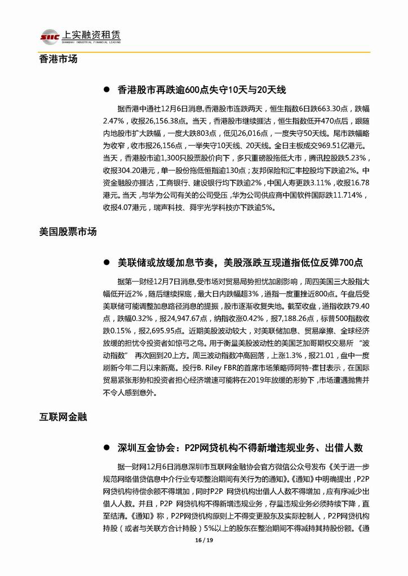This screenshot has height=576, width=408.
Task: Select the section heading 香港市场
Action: [x=59, y=59]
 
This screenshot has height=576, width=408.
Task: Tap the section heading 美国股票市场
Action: [x=68, y=231]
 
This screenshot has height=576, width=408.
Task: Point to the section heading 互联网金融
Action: [x=63, y=417]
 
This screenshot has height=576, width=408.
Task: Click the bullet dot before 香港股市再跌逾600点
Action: [x=107, y=90]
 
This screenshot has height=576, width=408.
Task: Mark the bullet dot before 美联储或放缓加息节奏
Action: [x=107, y=262]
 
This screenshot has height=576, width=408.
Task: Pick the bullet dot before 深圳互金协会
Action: [x=107, y=448]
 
